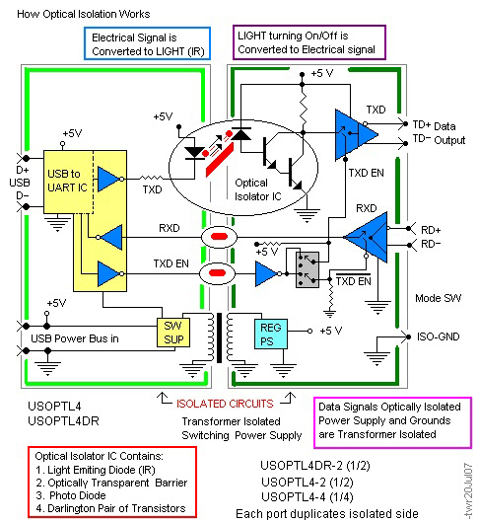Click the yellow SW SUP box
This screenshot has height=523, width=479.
(173, 333)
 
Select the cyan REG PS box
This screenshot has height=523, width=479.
(271, 335)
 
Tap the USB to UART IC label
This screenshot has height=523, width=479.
(67, 181)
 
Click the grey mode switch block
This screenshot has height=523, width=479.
(308, 269)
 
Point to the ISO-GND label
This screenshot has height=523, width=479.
(438, 336)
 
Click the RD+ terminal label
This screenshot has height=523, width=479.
(431, 230)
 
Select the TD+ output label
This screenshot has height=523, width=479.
(422, 124)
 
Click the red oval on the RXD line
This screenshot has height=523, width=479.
(219, 237)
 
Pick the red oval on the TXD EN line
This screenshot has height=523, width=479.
(217, 273)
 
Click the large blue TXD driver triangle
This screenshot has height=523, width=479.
(357, 134)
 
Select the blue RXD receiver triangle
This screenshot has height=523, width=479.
(366, 237)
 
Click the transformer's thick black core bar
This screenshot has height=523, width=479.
(219, 337)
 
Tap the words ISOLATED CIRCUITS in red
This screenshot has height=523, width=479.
(225, 404)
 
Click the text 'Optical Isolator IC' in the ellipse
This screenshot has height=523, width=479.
(258, 189)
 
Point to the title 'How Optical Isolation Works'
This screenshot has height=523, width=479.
(83, 14)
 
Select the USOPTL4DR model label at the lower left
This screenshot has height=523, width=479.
(63, 421)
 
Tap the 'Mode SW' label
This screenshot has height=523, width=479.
(438, 298)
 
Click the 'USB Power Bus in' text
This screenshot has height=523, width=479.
(75, 338)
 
